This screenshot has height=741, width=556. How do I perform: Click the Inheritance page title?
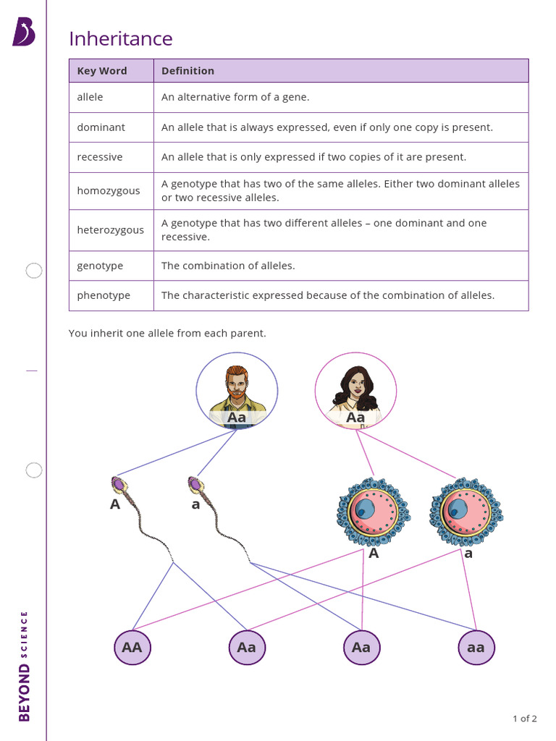point(120,38)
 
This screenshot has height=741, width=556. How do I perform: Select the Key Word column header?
point(102,71)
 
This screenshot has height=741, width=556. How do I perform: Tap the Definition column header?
point(188,71)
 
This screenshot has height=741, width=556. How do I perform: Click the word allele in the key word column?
point(90,97)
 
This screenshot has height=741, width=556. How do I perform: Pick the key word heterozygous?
point(110,230)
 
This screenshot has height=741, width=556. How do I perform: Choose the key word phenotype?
point(104,295)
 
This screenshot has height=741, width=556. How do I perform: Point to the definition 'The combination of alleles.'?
point(228,266)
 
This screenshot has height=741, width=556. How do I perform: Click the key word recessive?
point(100,157)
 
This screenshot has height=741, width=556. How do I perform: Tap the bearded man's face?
point(236,383)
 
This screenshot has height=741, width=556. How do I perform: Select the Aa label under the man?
point(237,418)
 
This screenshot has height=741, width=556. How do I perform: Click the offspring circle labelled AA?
point(132,647)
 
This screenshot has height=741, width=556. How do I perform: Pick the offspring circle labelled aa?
point(476,647)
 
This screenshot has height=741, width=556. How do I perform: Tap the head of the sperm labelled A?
point(118,484)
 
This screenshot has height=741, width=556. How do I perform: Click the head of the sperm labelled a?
point(195,484)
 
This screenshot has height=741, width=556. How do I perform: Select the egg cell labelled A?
point(372,511)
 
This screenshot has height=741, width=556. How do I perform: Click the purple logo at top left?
point(23,33)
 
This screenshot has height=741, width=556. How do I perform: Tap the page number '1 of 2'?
point(524,719)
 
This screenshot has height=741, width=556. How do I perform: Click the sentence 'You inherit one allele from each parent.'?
point(167,334)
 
